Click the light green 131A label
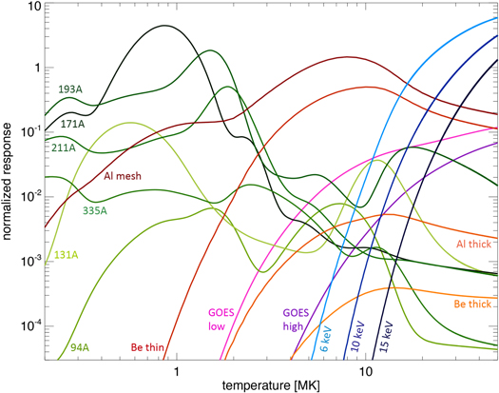[x=65, y=254]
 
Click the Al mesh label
[x=122, y=176]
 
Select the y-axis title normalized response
[x=9, y=182]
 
